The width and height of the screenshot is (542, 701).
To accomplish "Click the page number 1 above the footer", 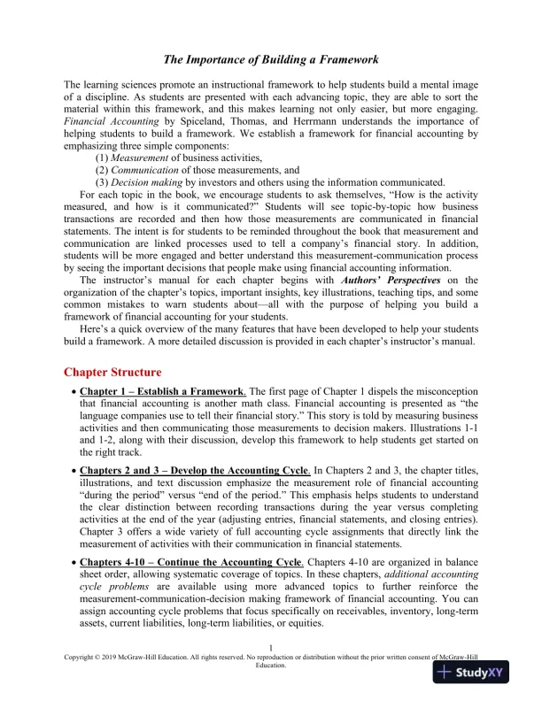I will [x=270, y=648].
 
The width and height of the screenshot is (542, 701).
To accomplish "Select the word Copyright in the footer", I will [x=81, y=658].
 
